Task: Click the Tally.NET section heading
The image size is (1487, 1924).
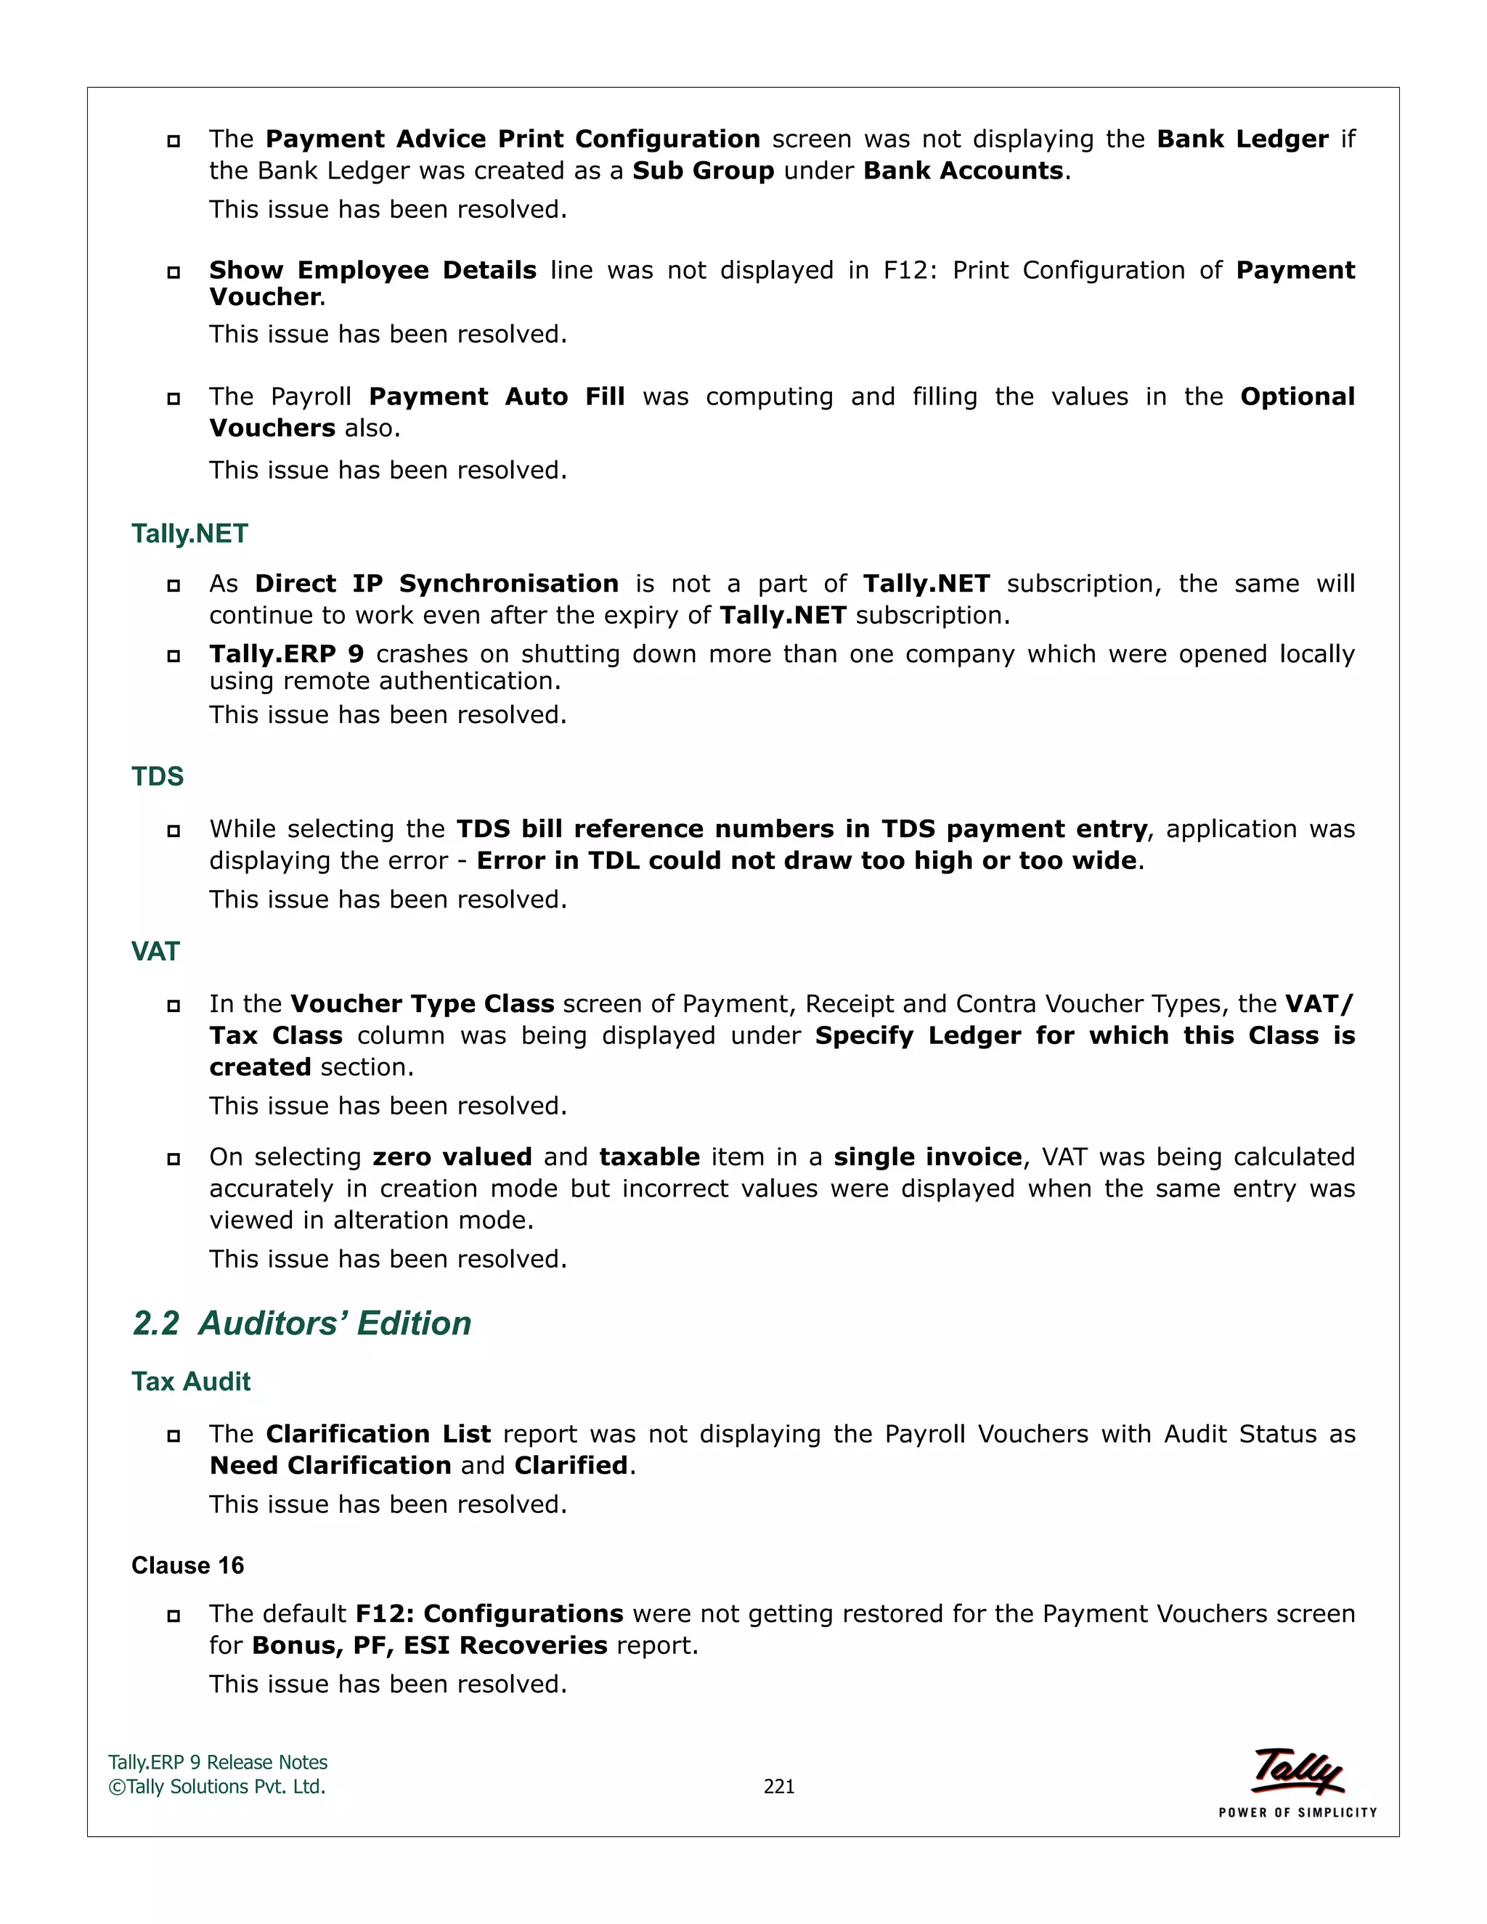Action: pyautogui.click(x=190, y=534)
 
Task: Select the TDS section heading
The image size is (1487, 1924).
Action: pyautogui.click(x=158, y=776)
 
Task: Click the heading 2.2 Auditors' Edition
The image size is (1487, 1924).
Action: pyautogui.click(x=301, y=1323)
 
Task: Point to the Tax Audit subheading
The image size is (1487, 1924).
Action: pyautogui.click(x=190, y=1382)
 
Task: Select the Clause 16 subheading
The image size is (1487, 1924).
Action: pyautogui.click(x=187, y=1565)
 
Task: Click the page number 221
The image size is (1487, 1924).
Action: pyautogui.click(x=779, y=1787)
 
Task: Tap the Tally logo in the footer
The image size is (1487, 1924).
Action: pyautogui.click(x=1297, y=1771)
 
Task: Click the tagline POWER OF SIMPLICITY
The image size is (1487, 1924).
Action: pyautogui.click(x=1297, y=1812)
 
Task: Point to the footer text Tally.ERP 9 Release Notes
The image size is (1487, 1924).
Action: pyautogui.click(x=218, y=1762)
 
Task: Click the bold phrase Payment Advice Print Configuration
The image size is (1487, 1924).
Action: pyautogui.click(x=513, y=139)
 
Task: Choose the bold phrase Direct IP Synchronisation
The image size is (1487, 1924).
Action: pyautogui.click(x=436, y=583)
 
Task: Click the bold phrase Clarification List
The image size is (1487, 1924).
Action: pyautogui.click(x=378, y=1433)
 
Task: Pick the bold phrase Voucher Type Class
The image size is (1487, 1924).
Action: pyautogui.click(x=422, y=1003)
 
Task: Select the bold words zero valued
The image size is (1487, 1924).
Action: pyautogui.click(x=452, y=1157)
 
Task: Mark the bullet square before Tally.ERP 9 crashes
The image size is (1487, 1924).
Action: pyautogui.click(x=174, y=656)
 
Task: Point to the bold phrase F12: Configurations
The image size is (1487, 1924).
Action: pyautogui.click(x=489, y=1613)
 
